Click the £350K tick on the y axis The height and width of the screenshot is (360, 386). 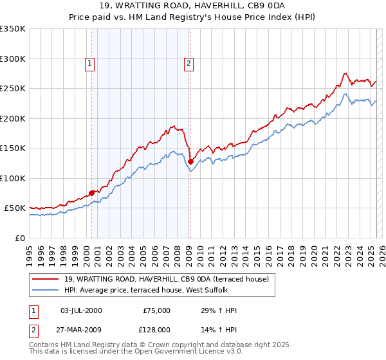[x=13, y=29]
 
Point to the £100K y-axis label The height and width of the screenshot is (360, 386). [x=13, y=178]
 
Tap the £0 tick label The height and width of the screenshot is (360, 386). [x=20, y=238]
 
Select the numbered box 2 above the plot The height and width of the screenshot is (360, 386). [x=188, y=63]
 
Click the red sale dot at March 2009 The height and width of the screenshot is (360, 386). [x=190, y=161]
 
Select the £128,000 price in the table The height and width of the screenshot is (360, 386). [x=156, y=328]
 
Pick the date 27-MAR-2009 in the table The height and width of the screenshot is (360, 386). [x=80, y=328]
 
